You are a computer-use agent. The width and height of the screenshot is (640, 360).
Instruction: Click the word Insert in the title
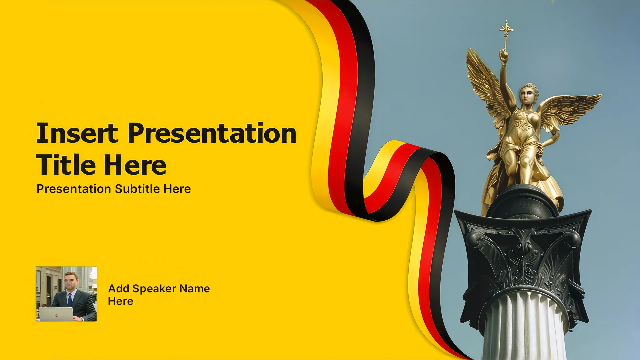tap(77, 133)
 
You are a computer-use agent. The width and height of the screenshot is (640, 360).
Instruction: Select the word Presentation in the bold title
tap(212, 133)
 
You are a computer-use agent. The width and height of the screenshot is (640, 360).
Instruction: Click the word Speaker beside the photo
tap(154, 289)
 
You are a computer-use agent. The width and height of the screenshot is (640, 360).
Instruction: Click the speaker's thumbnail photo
tap(66, 294)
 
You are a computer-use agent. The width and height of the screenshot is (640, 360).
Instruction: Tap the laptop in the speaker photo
tap(56, 314)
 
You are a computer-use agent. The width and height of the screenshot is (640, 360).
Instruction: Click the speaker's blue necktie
tap(70, 299)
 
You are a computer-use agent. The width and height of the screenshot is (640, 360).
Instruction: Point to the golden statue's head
tap(528, 94)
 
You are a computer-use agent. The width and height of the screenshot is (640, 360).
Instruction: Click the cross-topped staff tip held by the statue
tap(506, 28)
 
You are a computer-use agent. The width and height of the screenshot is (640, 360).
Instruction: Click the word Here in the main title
tap(135, 165)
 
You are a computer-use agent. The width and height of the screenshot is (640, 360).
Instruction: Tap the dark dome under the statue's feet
tap(523, 200)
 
